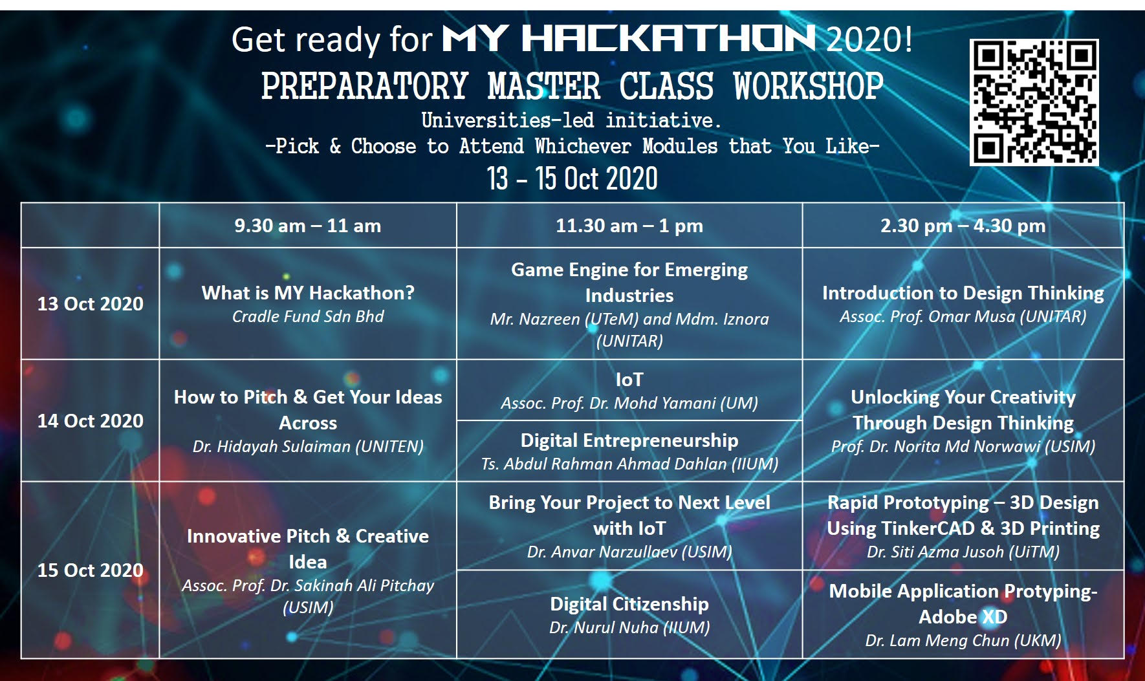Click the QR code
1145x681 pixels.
tap(1034, 102)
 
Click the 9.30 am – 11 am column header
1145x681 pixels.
tap(307, 226)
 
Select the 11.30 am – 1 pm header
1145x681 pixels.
tap(629, 226)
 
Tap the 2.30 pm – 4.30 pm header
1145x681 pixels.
tap(963, 226)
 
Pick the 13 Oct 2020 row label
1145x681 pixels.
tap(91, 304)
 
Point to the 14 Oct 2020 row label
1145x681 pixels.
tap(91, 421)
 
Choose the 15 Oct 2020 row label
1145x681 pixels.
tap(91, 570)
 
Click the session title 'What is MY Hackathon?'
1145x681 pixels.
tap(308, 293)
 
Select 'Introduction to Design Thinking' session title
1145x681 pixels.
tap(963, 293)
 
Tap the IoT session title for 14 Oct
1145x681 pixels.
tap(629, 380)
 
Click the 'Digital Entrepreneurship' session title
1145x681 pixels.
tap(629, 440)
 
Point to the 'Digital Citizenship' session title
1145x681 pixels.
tap(629, 604)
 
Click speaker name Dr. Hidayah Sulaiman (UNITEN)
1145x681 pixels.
tap(308, 446)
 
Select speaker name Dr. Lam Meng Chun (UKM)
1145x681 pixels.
tap(963, 640)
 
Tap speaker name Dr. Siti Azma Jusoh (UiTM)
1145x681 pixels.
tap(963, 552)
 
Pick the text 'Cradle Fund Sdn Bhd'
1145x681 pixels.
tap(308, 316)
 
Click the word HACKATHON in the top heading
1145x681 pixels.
tap(668, 39)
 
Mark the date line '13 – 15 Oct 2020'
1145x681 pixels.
tap(572, 178)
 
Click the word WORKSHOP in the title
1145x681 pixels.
tap(809, 86)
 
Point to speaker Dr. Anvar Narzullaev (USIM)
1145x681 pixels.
tap(629, 552)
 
